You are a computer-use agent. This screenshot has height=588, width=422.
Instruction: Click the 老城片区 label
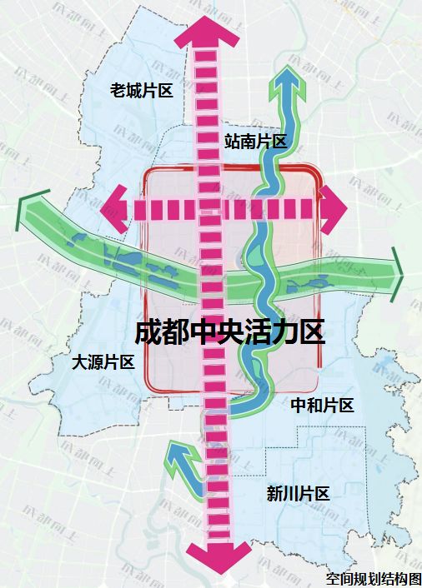click(142, 90)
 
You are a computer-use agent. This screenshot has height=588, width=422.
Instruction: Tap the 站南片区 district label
click(256, 141)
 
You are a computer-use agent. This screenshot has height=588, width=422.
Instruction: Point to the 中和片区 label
click(323, 406)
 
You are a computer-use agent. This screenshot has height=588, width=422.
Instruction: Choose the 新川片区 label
click(299, 493)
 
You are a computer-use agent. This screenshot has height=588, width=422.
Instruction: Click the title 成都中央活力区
click(230, 332)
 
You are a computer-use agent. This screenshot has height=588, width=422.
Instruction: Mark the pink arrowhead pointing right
click(334, 207)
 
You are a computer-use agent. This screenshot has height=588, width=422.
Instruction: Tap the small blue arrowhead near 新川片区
click(176, 453)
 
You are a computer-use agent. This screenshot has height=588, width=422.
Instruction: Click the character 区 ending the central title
click(311, 332)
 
